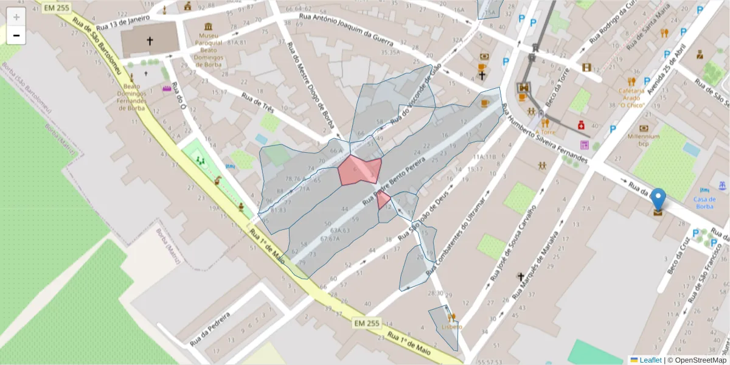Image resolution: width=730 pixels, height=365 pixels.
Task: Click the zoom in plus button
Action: tap(16, 17)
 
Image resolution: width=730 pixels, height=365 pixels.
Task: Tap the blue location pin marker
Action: tap(658, 200)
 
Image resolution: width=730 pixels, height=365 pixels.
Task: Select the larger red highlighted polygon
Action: tap(360, 170)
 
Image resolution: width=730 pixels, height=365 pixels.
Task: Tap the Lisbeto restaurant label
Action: tap(451, 327)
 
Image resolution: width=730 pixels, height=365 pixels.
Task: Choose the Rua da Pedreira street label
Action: tap(209, 329)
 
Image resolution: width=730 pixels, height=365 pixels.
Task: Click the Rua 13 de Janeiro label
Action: tap(123, 23)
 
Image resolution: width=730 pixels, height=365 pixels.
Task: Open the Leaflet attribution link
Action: tap(649, 360)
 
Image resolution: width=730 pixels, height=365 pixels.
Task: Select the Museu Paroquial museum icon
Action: tap(209, 27)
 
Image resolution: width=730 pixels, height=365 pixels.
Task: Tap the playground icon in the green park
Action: tap(200, 161)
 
